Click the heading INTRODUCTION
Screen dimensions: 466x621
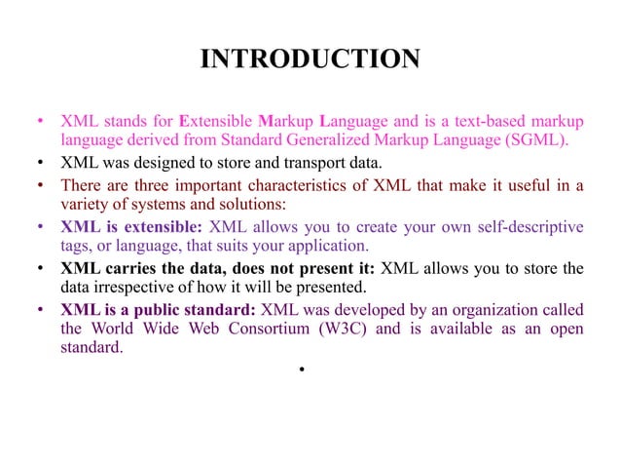pos(310,60)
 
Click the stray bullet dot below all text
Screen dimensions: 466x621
pos(304,371)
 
